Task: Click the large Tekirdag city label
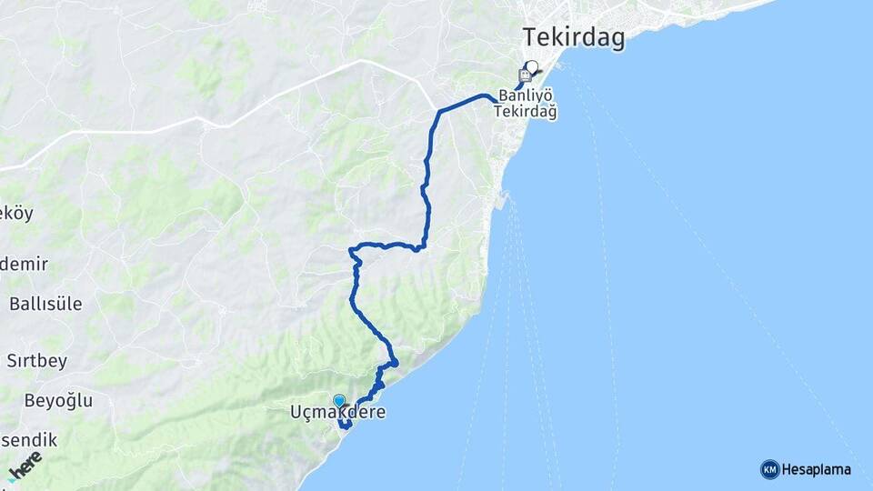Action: (x=574, y=37)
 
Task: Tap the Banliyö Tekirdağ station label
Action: (x=526, y=104)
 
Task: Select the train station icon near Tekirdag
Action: (x=525, y=75)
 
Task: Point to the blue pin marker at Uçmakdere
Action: (x=339, y=400)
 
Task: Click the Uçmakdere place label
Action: (x=337, y=413)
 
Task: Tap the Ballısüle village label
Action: (x=45, y=304)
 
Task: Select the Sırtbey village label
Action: (x=37, y=361)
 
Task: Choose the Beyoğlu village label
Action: (x=46, y=400)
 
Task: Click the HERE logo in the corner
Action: (x=25, y=466)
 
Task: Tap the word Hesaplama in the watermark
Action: (x=817, y=470)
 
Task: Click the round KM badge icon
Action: (x=769, y=470)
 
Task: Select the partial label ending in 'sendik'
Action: (x=28, y=440)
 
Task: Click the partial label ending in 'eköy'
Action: (x=16, y=214)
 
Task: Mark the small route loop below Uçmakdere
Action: (x=346, y=423)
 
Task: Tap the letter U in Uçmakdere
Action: (x=296, y=413)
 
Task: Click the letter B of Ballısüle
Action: (x=15, y=304)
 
